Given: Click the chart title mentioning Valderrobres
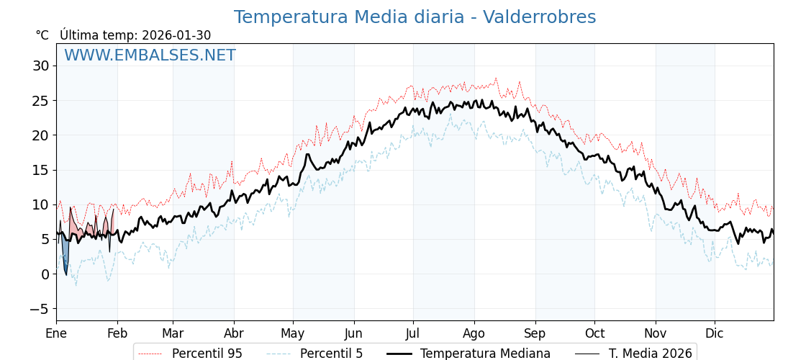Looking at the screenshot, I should (x=415, y=17).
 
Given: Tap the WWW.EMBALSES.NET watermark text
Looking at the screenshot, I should (x=150, y=55).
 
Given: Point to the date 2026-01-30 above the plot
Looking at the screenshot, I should (x=176, y=35).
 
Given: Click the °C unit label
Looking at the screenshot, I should (x=42, y=35).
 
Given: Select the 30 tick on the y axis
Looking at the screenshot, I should (x=40, y=66).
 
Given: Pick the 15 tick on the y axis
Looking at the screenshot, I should (x=40, y=170).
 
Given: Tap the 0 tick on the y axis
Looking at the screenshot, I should (x=45, y=274).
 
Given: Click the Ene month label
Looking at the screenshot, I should (x=56, y=333).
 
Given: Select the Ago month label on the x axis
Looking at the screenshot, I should (x=474, y=333).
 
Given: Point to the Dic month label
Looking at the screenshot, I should (x=715, y=333).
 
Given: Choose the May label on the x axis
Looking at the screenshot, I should (x=293, y=333).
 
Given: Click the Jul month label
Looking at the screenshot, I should (x=413, y=333).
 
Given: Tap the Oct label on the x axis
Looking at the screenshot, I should (x=594, y=333).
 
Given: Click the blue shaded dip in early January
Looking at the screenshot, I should (x=65, y=256).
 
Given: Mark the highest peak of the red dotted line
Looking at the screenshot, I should (x=496, y=78).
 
